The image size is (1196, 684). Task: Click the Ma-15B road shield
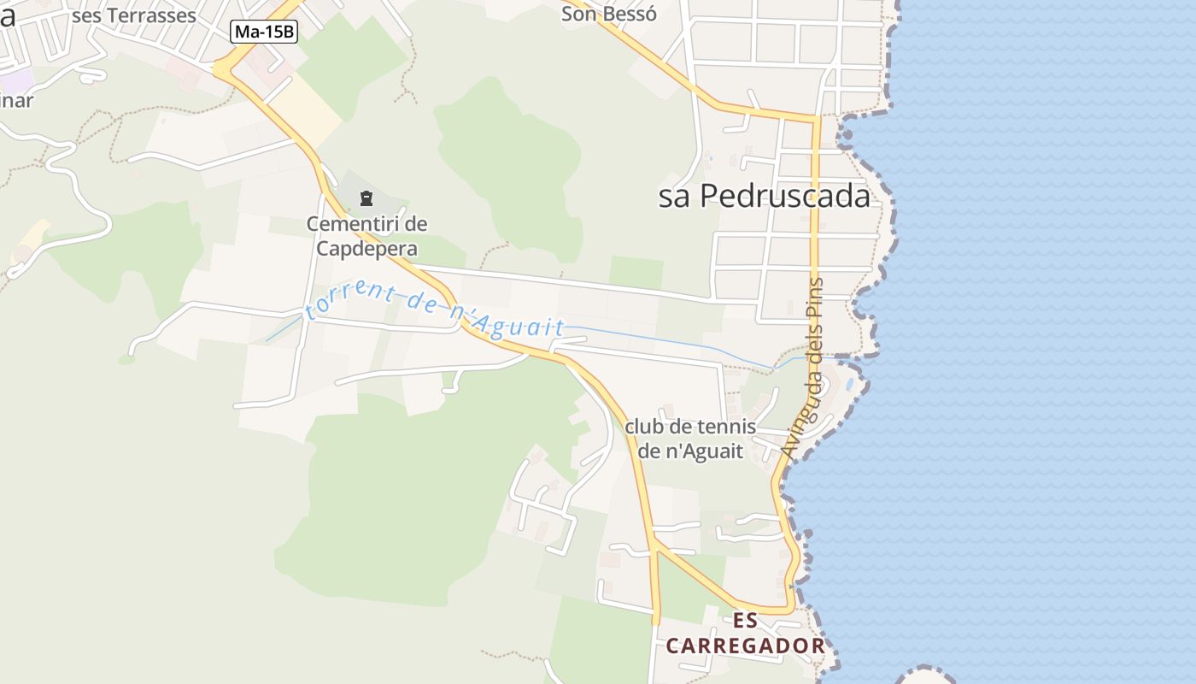pyautogui.click(x=265, y=32)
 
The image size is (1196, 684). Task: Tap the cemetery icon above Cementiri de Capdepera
pyautogui.click(x=366, y=199)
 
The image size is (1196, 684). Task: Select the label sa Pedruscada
pyautogui.click(x=764, y=197)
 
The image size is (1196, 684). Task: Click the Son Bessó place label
pyautogui.click(x=608, y=14)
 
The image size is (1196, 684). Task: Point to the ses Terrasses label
pyautogui.click(x=134, y=15)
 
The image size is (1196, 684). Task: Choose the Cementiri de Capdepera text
pyautogui.click(x=366, y=236)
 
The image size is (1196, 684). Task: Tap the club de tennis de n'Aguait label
pyautogui.click(x=690, y=439)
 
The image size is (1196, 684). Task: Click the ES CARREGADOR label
pyautogui.click(x=745, y=634)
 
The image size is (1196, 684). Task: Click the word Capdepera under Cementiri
pyautogui.click(x=366, y=249)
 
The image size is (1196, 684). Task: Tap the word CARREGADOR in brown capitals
pyautogui.click(x=745, y=646)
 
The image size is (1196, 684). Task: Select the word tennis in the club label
pyautogui.click(x=726, y=427)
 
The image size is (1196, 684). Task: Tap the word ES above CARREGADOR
pyautogui.click(x=745, y=620)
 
